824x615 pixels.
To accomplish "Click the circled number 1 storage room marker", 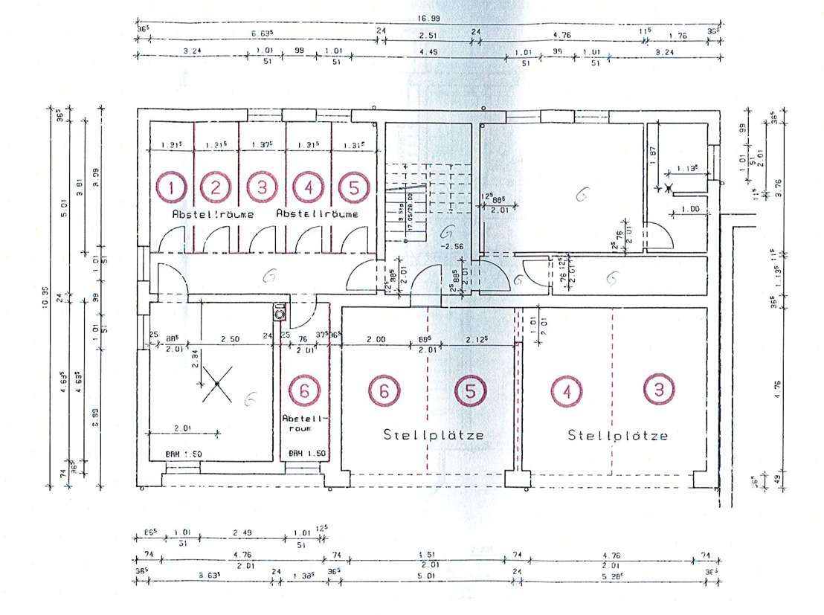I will click(x=171, y=187).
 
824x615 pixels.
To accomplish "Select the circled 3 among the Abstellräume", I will click(x=262, y=187).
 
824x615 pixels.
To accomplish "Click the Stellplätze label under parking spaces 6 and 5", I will click(x=434, y=434).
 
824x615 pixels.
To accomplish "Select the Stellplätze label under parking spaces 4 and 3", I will click(x=617, y=435).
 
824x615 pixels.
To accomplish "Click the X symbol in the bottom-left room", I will click(x=216, y=383).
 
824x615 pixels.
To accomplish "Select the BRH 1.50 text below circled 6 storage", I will click(x=305, y=453).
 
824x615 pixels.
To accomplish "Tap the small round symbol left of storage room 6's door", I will click(x=280, y=314).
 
